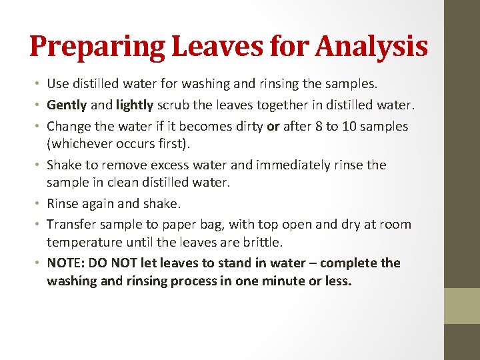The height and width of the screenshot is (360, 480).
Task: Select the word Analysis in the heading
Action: (372, 47)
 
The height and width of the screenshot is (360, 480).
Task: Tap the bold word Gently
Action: (67, 105)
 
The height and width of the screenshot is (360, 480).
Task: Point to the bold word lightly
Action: (136, 105)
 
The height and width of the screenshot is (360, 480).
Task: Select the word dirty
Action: (248, 126)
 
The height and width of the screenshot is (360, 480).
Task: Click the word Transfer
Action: (73, 225)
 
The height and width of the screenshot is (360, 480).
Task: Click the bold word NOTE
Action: (65, 263)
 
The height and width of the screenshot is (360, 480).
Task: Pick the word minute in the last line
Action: (270, 281)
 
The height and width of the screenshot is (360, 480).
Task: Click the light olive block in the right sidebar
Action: (462, 305)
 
